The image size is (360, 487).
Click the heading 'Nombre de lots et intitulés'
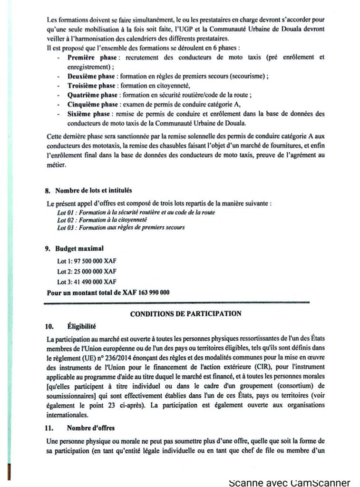[x=90, y=191]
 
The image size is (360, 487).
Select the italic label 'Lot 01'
[x=66, y=212]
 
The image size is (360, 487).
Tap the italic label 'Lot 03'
[x=66, y=228]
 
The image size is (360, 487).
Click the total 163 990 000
[x=153, y=292]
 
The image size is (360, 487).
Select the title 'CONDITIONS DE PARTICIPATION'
[x=185, y=314]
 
